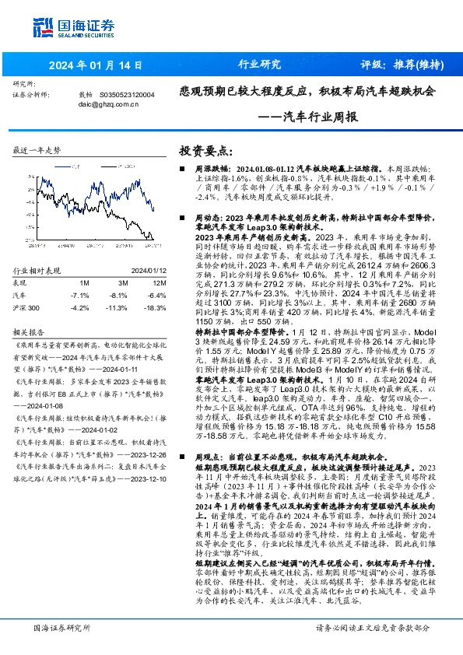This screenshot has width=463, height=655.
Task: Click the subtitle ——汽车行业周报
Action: coord(307,117)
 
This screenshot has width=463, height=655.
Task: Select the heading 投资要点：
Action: coord(206,149)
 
